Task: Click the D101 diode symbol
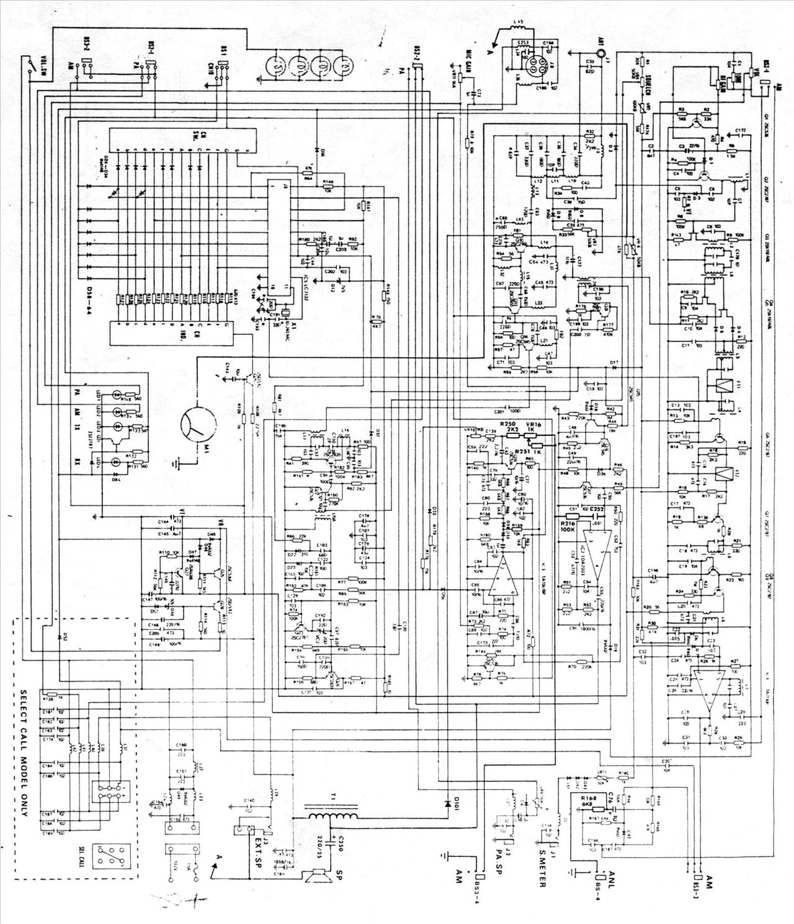(448, 802)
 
